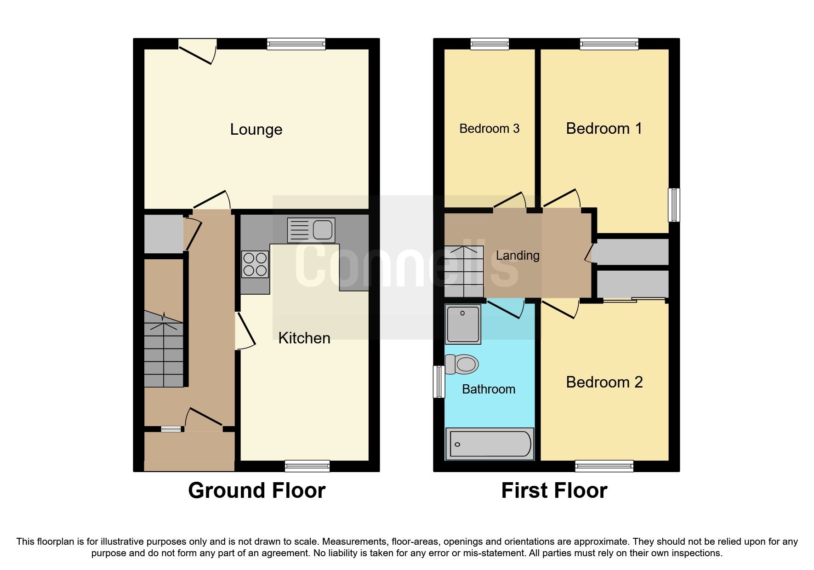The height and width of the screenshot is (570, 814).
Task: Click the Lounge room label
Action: click(x=256, y=130)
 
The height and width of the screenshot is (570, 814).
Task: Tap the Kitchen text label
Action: click(x=304, y=338)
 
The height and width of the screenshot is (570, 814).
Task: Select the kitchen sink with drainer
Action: click(x=311, y=230)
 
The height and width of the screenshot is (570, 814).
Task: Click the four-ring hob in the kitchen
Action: click(x=255, y=264)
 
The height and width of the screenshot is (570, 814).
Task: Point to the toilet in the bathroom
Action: click(x=462, y=365)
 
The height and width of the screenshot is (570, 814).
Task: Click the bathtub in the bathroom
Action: click(x=490, y=444)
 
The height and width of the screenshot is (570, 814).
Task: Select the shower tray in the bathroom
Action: click(x=463, y=324)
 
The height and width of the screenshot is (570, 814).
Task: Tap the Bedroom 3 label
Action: click(x=489, y=129)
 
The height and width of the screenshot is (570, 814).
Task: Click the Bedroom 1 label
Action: click(x=603, y=129)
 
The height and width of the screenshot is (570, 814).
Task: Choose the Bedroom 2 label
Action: click(x=604, y=382)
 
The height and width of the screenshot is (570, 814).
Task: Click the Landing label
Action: click(x=517, y=256)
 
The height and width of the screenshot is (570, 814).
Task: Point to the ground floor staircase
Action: click(x=164, y=349)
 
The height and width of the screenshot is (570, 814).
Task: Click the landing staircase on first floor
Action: click(x=464, y=272)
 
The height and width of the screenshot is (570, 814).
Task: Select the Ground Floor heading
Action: click(x=256, y=490)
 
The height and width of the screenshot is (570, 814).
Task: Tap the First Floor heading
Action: click(x=554, y=490)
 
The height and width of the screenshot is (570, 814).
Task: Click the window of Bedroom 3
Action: click(x=490, y=44)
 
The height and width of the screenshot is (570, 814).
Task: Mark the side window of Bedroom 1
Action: click(x=674, y=205)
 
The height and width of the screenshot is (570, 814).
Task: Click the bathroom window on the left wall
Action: click(x=439, y=382)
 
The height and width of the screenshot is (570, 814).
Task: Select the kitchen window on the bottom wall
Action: click(x=307, y=466)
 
